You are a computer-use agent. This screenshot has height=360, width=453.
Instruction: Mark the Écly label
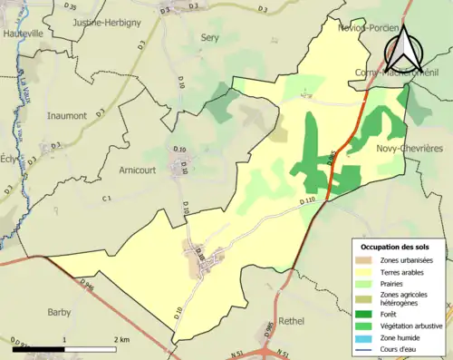point(8,156)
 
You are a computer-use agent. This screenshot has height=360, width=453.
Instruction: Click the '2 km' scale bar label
point(121,339)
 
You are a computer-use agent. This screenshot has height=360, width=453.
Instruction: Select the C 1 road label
point(106,198)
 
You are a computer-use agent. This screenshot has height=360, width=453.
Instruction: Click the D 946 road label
point(86,284)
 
